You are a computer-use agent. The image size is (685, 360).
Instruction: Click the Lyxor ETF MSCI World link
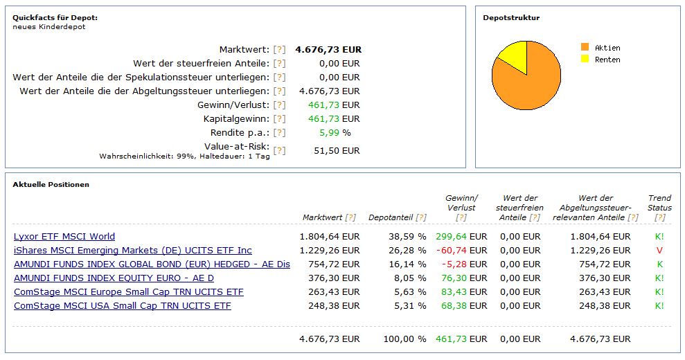click(64, 237)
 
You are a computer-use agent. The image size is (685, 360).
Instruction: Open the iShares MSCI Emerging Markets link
click(133, 251)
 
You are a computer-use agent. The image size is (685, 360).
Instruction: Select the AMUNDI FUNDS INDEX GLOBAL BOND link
click(152, 264)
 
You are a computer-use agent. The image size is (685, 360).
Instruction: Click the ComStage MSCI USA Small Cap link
click(123, 306)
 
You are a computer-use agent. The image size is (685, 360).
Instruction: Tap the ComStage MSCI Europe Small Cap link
click(129, 292)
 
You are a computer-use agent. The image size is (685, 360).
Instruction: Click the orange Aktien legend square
click(585, 47)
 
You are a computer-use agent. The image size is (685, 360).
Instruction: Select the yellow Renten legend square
click(585, 60)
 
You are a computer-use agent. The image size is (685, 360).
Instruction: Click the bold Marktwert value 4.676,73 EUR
click(328, 50)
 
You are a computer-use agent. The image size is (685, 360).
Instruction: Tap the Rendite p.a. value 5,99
click(329, 133)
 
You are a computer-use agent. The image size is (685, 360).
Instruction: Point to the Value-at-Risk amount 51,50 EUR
click(337, 151)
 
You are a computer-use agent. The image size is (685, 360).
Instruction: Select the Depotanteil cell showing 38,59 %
click(407, 237)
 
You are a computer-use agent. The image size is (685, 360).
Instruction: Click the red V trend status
click(659, 251)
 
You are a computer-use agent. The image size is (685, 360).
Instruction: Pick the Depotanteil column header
click(391, 217)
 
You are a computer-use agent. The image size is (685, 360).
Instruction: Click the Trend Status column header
click(659, 203)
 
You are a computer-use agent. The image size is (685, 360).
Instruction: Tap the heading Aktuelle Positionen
click(51, 185)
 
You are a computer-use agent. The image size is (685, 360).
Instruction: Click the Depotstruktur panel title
click(511, 18)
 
